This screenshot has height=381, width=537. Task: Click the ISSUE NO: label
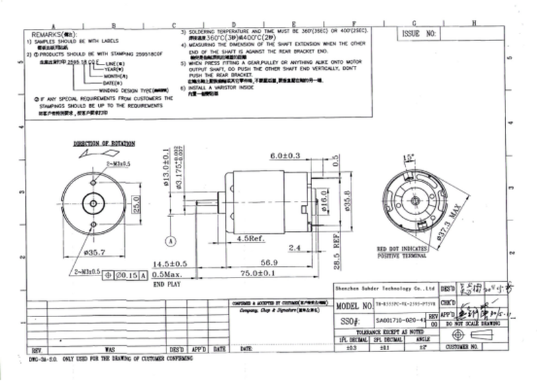(419, 32)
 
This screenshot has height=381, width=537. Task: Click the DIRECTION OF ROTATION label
(104, 144)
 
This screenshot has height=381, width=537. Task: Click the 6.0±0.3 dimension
(284, 156)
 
